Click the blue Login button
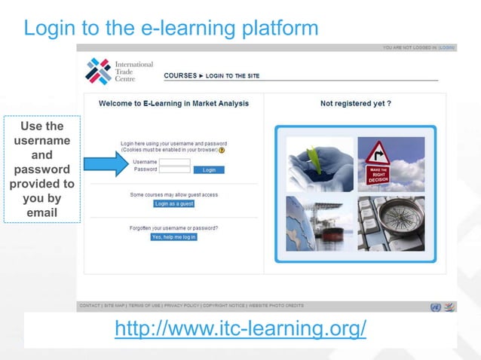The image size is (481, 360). click(209, 169)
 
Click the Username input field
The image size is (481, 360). click(175, 161)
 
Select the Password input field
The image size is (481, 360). click(175, 169)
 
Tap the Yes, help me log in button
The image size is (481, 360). click(173, 236)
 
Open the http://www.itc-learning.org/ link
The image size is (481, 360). click(240, 329)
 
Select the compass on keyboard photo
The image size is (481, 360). click(391, 224)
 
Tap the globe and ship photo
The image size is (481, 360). click(319, 224)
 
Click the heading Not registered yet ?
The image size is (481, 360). click(355, 103)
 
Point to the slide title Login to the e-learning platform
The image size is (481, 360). click(171, 29)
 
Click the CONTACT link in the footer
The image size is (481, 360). click(90, 306)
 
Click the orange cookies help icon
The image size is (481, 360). click(222, 150)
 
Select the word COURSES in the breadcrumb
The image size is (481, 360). click(179, 76)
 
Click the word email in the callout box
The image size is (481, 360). click(41, 213)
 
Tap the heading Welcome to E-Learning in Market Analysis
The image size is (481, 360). click(173, 103)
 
